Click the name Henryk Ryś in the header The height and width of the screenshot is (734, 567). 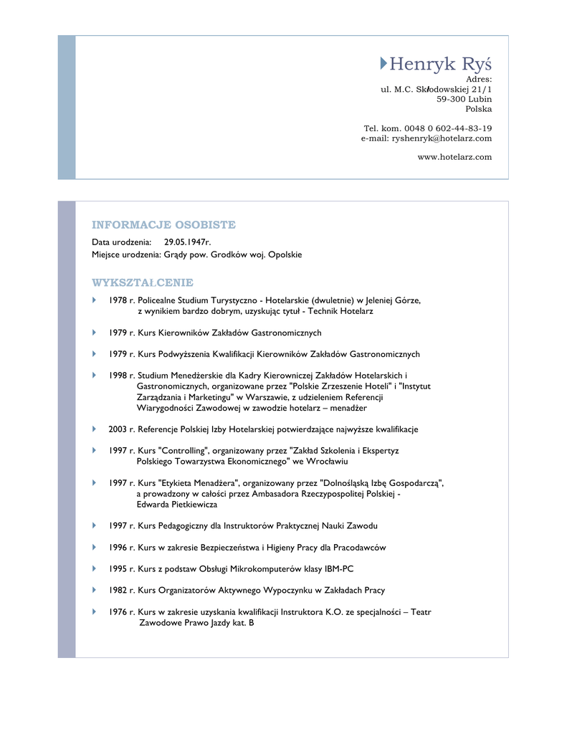(440, 65)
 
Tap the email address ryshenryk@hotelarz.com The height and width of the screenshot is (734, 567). (442, 138)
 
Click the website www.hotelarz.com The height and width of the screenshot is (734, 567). (454, 157)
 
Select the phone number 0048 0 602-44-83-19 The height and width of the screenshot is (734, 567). (448, 128)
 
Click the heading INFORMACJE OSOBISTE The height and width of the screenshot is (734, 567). (163, 225)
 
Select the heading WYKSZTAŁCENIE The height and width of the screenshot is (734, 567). (143, 282)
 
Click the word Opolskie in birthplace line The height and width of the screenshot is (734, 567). (285, 254)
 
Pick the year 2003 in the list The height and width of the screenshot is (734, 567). (118, 429)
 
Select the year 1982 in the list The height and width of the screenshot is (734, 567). (118, 591)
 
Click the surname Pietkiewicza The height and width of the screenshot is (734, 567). (189, 505)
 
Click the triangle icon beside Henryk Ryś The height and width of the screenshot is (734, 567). (383, 65)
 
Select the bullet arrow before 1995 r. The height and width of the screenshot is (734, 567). (94, 568)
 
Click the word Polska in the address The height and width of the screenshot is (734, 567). (478, 109)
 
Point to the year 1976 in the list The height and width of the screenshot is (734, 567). (118, 612)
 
